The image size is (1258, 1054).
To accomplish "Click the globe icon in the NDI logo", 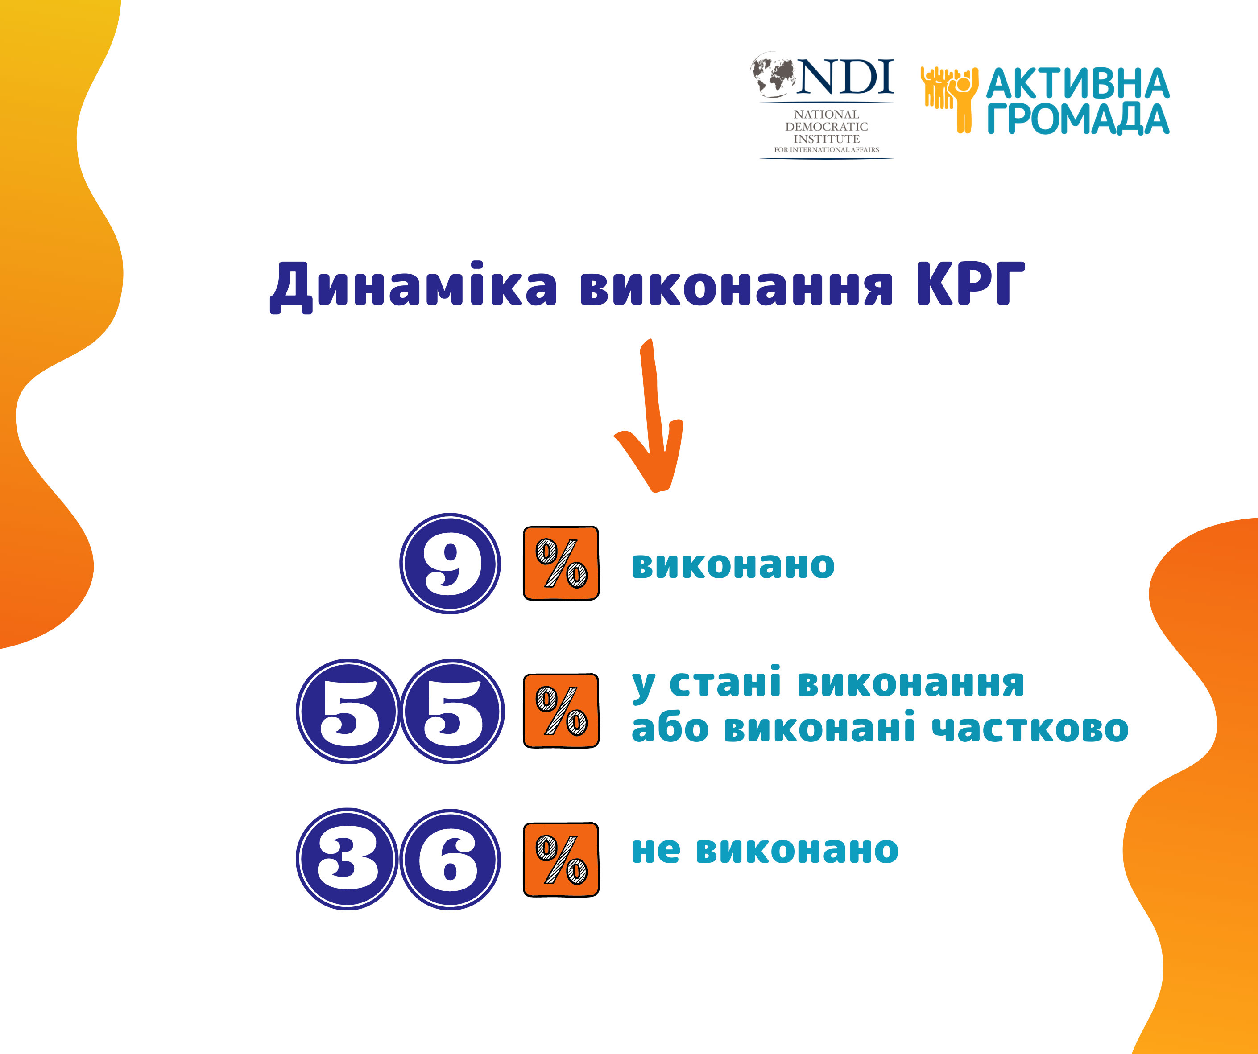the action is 774,74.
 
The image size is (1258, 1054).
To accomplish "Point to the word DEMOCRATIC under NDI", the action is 827,126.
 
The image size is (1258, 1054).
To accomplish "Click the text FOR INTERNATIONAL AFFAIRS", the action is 827,150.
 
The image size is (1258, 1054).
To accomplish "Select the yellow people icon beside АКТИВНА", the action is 949,99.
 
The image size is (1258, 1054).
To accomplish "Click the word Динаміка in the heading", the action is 414,286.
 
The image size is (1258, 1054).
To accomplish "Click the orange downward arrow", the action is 650,416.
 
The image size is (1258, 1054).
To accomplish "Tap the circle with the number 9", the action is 450,564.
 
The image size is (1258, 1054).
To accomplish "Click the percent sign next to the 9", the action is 561,564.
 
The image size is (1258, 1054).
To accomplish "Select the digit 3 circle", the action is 347,859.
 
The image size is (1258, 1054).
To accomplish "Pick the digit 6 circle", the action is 450,859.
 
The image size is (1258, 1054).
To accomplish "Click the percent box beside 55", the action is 561,711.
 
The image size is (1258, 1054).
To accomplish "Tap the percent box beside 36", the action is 561,859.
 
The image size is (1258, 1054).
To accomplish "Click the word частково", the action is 1030,728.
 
